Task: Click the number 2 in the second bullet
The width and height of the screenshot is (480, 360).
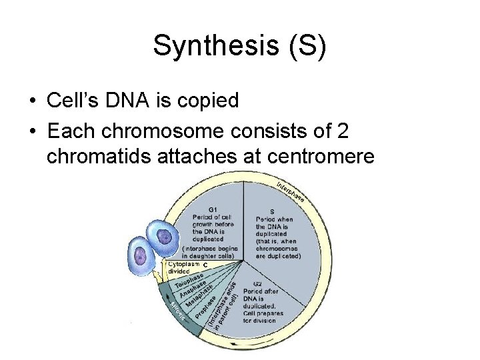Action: tap(342, 131)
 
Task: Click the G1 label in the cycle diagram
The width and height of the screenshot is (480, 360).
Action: tap(213, 209)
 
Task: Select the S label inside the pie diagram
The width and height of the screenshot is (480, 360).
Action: tap(272, 211)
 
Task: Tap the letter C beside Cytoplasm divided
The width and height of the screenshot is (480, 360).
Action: tap(205, 265)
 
